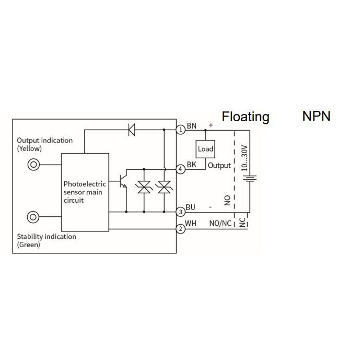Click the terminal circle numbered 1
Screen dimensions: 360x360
(181, 130)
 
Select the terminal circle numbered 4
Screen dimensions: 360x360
(181, 169)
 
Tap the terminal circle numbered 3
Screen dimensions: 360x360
(181, 212)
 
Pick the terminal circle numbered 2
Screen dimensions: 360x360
(181, 229)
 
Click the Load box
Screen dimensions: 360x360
(205, 149)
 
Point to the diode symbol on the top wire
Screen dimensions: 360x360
(132, 130)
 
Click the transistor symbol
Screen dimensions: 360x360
(122, 181)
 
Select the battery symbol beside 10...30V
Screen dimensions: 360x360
(250, 178)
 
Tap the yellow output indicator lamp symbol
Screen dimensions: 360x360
(33, 165)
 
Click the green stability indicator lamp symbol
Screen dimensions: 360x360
(33, 217)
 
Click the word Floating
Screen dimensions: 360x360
(246, 117)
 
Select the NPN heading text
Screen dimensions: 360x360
(317, 116)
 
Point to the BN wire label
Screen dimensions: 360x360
(192, 126)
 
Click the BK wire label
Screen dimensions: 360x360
(192, 165)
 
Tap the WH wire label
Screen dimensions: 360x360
(191, 223)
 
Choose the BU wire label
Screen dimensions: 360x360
(190, 207)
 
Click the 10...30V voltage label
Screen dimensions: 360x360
(245, 158)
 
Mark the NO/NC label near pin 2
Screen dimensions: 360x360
(220, 224)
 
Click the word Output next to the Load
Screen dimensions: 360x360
(219, 166)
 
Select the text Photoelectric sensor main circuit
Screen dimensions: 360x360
(85, 192)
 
